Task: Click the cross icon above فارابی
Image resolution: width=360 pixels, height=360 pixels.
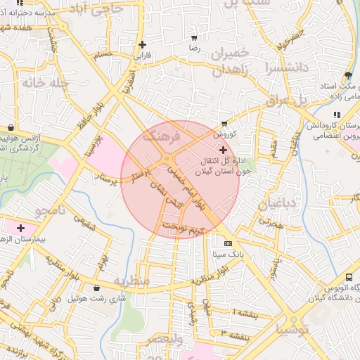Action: pyautogui.click(x=142, y=44)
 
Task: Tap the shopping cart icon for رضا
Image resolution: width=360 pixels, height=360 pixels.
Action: pyautogui.click(x=194, y=38)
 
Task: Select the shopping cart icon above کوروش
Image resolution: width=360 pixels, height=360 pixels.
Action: pyautogui.click(x=224, y=123)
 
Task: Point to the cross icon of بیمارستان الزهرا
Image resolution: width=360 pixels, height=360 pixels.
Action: pyautogui.click(x=20, y=228)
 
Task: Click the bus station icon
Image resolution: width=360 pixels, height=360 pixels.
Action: pyautogui.click(x=349, y=277)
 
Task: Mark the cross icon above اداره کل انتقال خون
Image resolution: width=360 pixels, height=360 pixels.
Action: pyautogui.click(x=224, y=150)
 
